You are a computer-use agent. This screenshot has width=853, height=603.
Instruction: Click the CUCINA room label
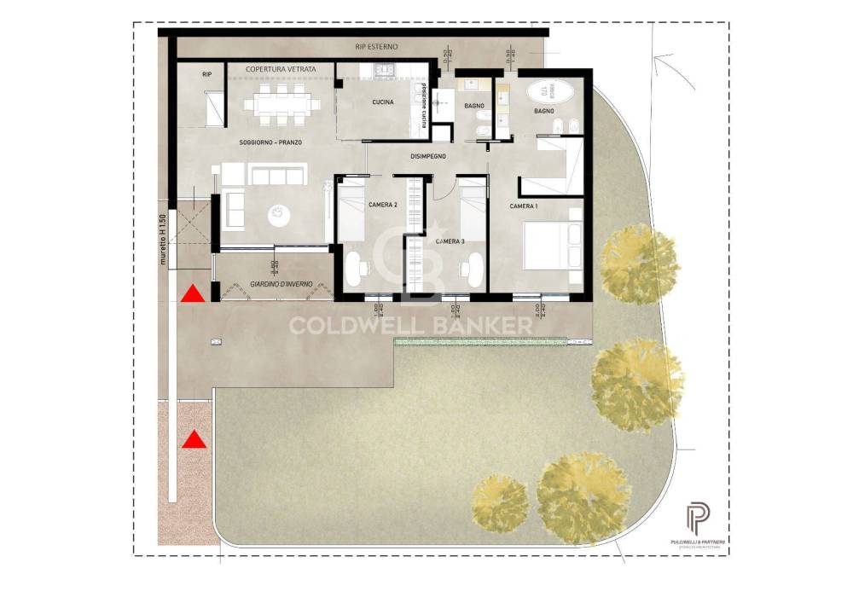(381, 102)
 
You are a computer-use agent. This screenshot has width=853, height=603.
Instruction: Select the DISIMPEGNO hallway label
(428, 156)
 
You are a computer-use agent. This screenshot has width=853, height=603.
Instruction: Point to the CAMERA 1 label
(524, 206)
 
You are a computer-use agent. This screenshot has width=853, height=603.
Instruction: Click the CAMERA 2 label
(382, 205)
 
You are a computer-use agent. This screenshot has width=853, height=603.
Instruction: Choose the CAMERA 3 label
(450, 242)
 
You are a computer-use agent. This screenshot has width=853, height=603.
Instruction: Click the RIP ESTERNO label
(376, 46)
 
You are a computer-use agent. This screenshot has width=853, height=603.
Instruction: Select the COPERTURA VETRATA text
(281, 68)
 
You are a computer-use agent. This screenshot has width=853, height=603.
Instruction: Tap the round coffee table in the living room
(279, 215)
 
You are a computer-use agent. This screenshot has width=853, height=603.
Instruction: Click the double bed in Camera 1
(553, 245)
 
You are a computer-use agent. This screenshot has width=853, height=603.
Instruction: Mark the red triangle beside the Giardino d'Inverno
(194, 294)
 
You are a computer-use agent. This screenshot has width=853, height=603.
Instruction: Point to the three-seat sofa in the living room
(276, 176)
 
